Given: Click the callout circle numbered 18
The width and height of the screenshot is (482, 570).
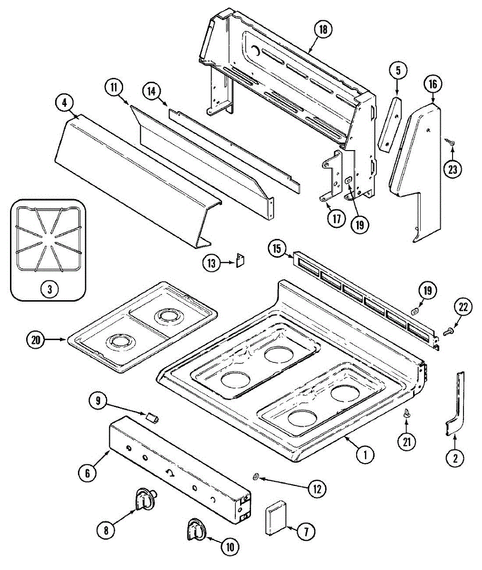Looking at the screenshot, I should (323, 30).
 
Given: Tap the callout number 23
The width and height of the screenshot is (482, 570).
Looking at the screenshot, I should (453, 169).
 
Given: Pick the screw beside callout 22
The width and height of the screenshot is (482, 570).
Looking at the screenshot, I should (447, 332).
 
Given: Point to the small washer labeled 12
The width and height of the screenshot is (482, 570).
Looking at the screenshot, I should (255, 476).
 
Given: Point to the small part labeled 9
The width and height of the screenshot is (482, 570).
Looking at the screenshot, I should (152, 418).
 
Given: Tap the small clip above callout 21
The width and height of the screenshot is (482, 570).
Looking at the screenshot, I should (406, 413).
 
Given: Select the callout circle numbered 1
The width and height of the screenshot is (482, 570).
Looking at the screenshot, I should (365, 455).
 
